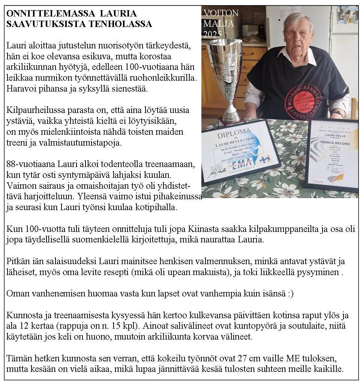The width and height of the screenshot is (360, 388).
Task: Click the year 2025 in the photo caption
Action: point(212,35)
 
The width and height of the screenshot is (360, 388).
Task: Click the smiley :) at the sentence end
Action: point(288,293)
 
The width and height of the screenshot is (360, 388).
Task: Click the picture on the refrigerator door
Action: point(347,14)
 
